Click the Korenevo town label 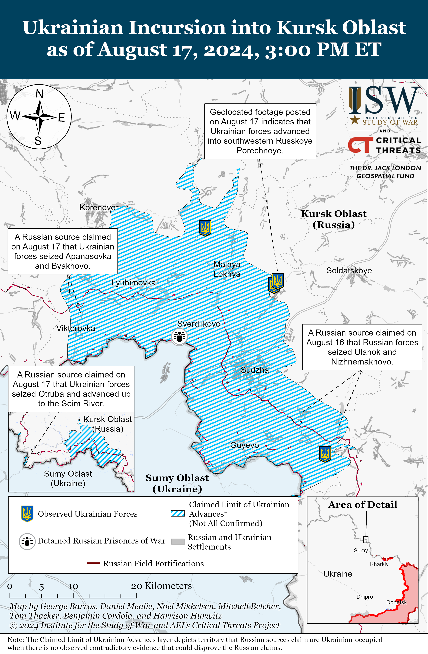point(97,207)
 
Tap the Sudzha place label point(255,370)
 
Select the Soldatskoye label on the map point(349,270)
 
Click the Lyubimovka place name point(133,283)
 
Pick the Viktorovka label point(76,328)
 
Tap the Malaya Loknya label point(227,269)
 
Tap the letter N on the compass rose point(40,94)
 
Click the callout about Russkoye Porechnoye point(260,131)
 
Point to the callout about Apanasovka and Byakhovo point(63,251)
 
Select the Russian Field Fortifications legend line point(93,563)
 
